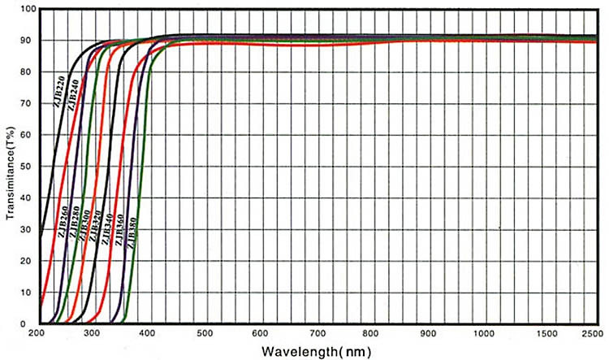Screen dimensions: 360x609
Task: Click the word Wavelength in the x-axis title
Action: click(x=296, y=352)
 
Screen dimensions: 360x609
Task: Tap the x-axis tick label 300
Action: click(x=93, y=334)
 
